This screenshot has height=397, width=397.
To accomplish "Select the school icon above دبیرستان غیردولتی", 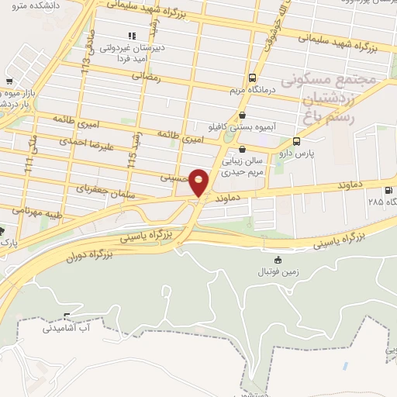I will coord(132,35).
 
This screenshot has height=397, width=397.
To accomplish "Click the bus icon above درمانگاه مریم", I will coord(253,78).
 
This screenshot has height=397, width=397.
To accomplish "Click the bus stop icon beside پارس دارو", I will coord(297,142).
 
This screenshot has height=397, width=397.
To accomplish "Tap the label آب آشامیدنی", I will coord(69,329).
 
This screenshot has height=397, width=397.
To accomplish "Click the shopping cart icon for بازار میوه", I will coord(9,81).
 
